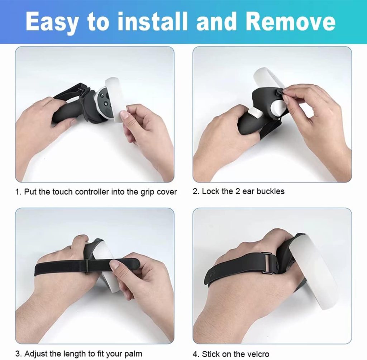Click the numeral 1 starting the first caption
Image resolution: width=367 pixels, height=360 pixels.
point(17,192)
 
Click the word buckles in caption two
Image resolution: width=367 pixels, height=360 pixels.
point(271,191)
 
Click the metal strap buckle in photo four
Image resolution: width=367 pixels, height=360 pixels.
point(267,263)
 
